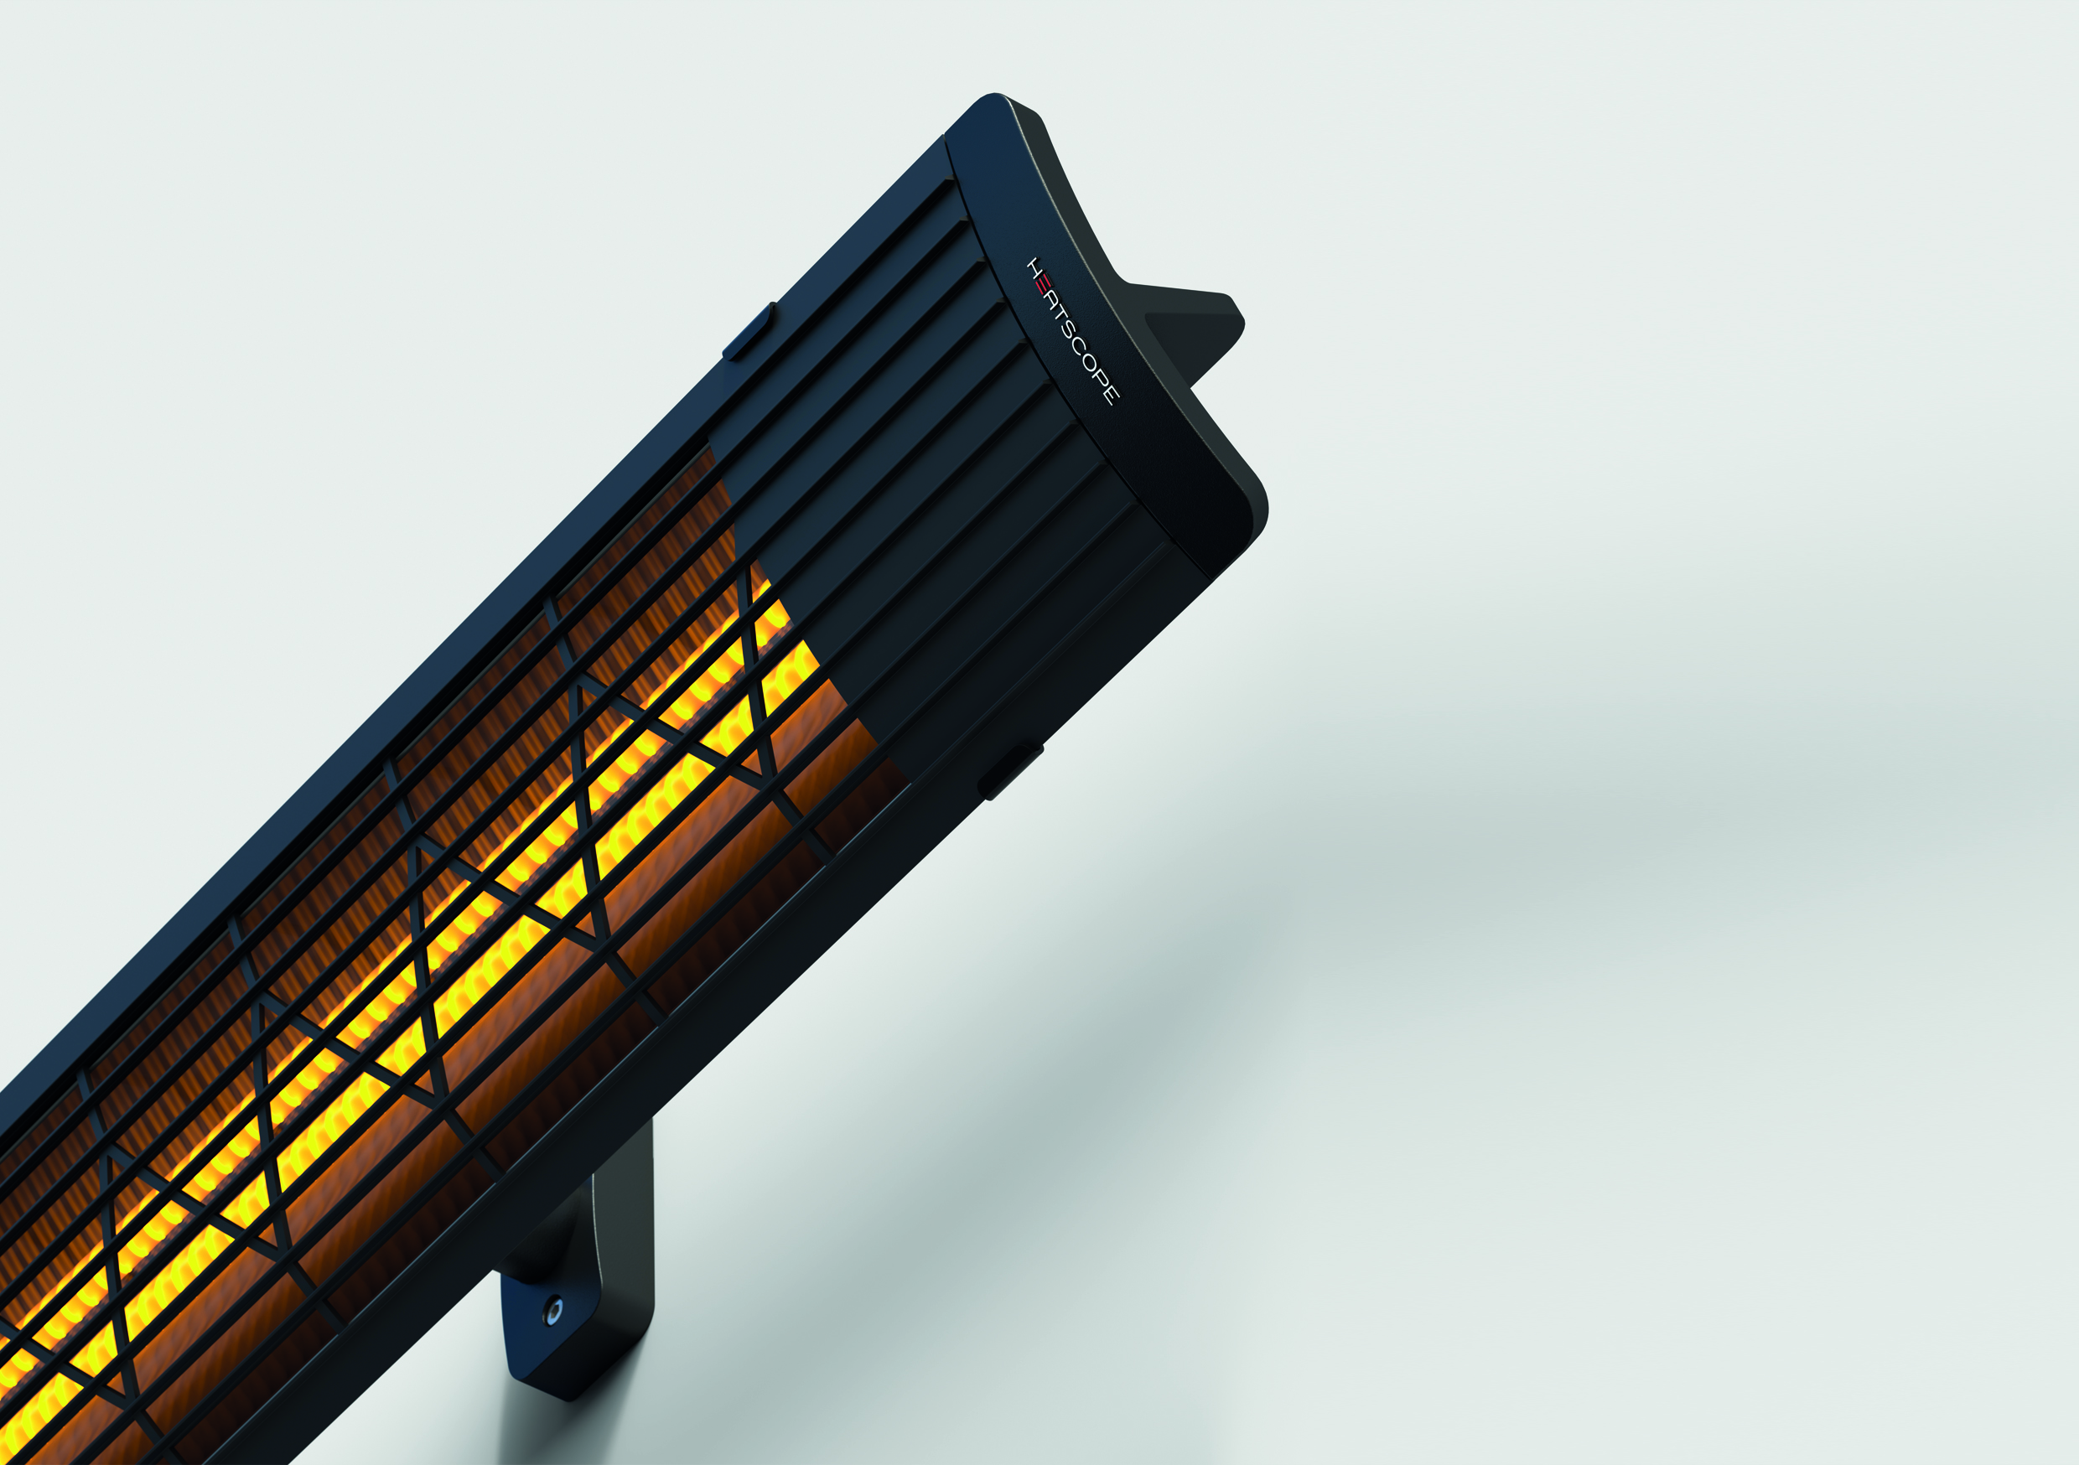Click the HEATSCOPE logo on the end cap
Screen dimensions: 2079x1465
coord(1073,330)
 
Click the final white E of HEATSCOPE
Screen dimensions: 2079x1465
coord(1111,394)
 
